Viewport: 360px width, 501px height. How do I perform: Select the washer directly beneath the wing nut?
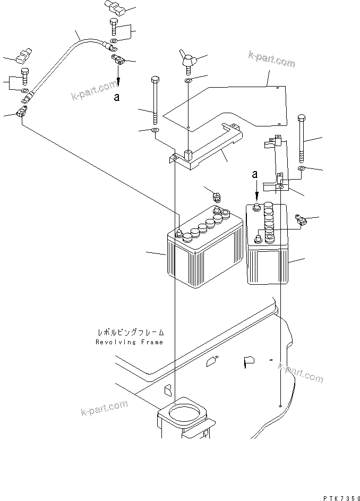[x=188, y=80]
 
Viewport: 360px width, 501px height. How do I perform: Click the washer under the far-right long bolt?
[x=301, y=168]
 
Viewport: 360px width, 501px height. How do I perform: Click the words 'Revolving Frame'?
[x=130, y=342]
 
